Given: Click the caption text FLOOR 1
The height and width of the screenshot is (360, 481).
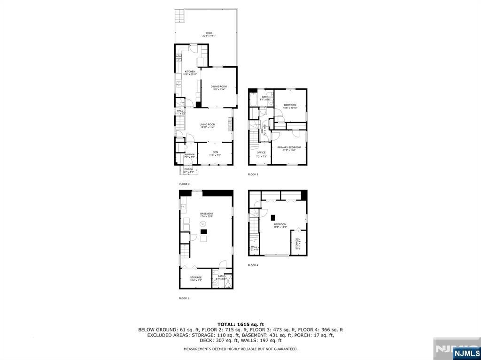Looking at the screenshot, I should click(184, 298).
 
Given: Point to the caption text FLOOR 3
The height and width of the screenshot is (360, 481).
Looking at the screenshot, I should click(253, 175).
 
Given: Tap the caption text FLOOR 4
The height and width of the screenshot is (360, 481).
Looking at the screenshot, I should click(253, 265).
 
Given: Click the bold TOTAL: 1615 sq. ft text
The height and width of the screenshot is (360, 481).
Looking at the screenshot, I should click(240, 324).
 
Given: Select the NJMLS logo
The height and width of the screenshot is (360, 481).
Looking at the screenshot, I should click(466, 353).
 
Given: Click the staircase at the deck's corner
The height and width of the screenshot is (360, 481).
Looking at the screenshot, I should click(178, 16).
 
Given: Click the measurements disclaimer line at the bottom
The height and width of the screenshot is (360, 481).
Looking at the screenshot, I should click(240, 349).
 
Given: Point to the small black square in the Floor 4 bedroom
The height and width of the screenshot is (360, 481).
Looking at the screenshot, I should click(272, 217).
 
